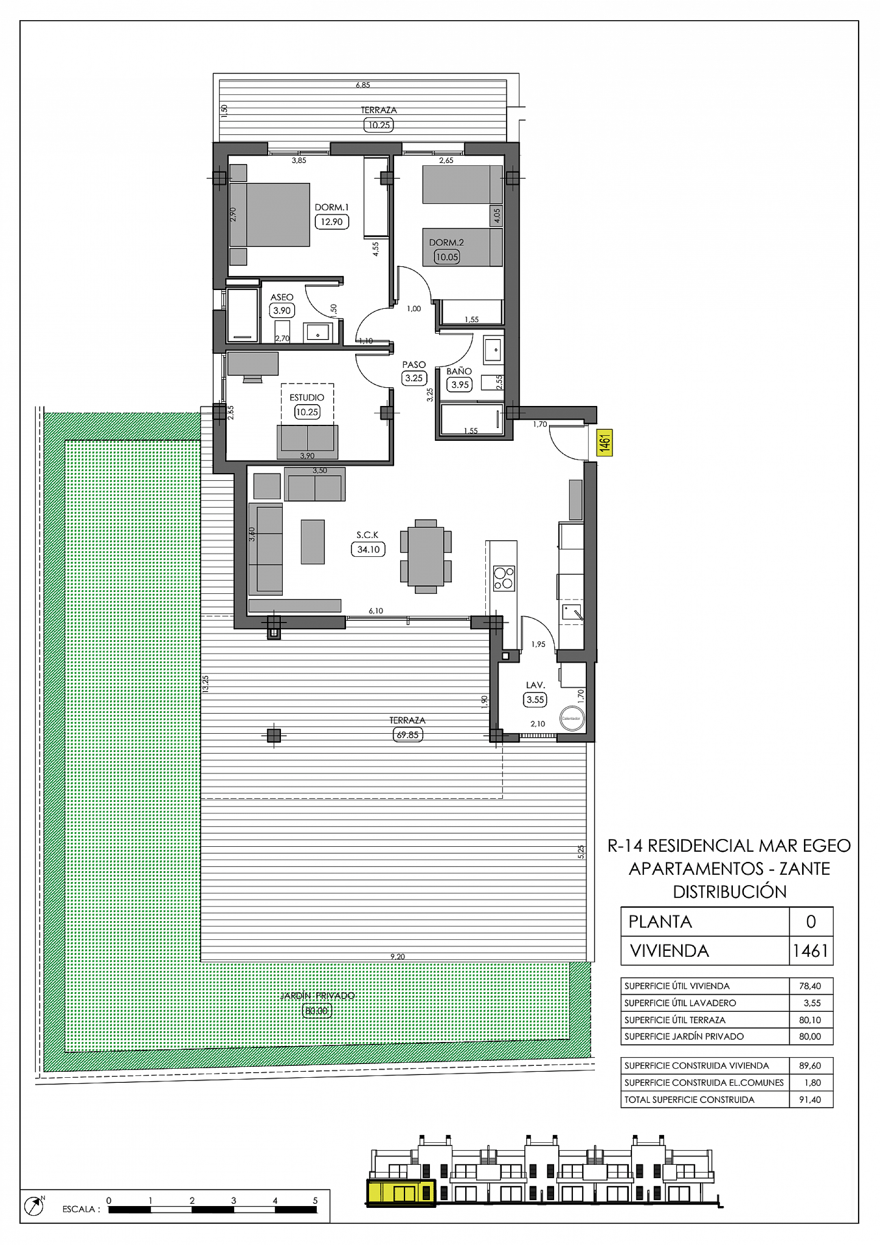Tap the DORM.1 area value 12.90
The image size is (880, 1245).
pos(331,222)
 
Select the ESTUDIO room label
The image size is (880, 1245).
pos(307,397)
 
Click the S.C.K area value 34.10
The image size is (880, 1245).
pos(368,549)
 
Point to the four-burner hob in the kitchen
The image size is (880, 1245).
pos(503,578)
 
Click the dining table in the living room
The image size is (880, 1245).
pos(425,556)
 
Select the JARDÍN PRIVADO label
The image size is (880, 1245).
pos(317,996)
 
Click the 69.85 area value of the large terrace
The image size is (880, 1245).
pos(407,735)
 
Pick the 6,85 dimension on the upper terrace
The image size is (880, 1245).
pos(363,85)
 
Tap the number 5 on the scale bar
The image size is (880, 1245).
pos(315,1201)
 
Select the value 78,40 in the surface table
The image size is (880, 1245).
pos(809,986)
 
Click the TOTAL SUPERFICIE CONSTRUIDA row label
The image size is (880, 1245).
pos(689,1100)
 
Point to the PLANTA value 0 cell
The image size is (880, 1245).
pos(810,922)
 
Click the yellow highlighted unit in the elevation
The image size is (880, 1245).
pos(401,1193)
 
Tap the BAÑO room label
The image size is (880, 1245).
pos(458,372)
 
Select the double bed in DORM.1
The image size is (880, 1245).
pos(270,215)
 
